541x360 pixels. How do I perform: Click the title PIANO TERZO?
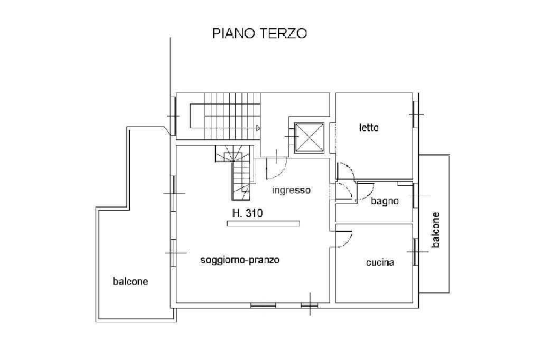[x=259, y=33]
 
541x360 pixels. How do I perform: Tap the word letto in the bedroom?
[x=368, y=128]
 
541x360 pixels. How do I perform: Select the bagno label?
[x=385, y=201]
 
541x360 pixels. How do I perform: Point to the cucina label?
[x=380, y=263]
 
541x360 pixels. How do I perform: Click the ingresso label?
[x=292, y=191]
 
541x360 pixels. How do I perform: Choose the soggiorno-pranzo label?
[x=240, y=260]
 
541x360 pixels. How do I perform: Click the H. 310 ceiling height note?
[x=247, y=213]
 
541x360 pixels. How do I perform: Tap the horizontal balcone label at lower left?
[x=130, y=281]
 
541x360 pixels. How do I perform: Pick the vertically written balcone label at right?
[x=436, y=230]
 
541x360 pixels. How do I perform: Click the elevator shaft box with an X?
[x=309, y=138]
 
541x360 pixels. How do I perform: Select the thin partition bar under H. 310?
[x=263, y=224]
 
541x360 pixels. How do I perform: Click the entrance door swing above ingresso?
[x=276, y=168]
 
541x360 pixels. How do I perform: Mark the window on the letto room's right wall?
[x=416, y=114]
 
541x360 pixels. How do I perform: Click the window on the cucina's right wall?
[x=416, y=252]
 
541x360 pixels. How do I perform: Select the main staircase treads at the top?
[x=232, y=116]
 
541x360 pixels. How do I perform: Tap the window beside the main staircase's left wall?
[x=173, y=116]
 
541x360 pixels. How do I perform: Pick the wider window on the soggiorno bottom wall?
[x=263, y=305]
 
